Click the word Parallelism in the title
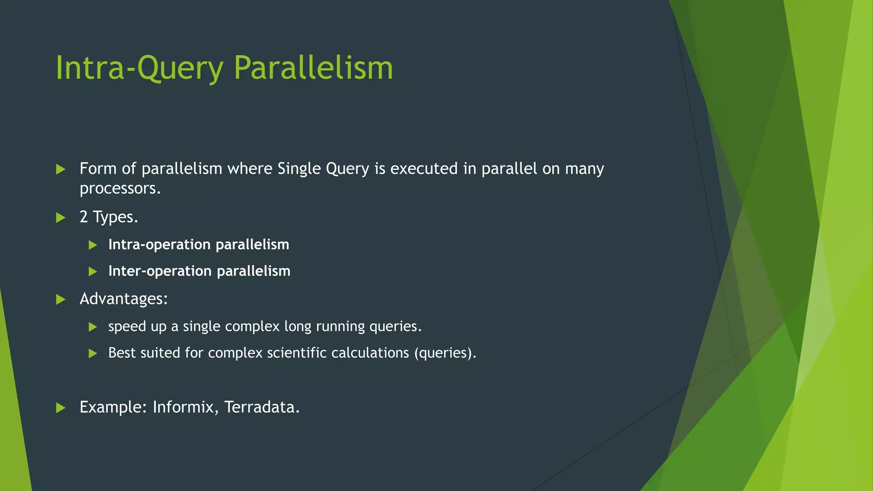point(313,68)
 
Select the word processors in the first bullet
point(119,188)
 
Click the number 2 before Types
point(84,217)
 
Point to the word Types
point(115,217)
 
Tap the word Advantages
point(123,299)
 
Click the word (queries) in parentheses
point(445,353)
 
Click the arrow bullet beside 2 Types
point(61,218)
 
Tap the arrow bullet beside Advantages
point(61,299)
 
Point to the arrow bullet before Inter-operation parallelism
point(93,271)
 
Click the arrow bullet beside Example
point(61,408)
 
